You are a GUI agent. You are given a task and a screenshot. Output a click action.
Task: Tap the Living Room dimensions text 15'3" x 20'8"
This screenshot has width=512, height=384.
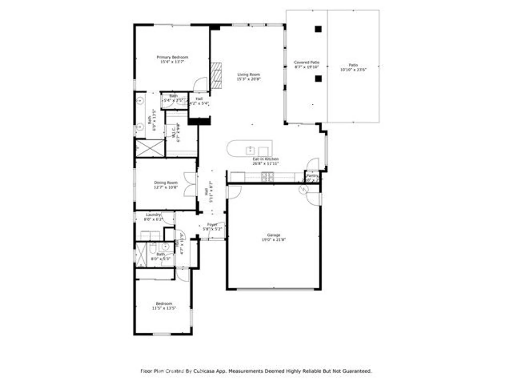click(248, 79)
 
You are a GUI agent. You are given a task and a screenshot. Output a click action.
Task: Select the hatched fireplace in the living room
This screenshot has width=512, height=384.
click(216, 76)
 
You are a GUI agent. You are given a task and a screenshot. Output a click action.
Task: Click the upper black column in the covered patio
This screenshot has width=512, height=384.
click(318, 29)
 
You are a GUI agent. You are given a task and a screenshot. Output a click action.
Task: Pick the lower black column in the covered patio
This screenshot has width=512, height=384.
click(318, 79)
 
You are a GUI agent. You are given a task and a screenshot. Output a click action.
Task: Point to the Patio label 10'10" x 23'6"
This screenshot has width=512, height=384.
click(353, 67)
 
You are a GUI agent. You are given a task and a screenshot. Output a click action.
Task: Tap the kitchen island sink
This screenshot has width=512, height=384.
click(250, 151)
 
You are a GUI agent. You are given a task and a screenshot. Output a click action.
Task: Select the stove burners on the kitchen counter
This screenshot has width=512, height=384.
click(267, 177)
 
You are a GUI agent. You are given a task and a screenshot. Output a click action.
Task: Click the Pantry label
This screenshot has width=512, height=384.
click(312, 176)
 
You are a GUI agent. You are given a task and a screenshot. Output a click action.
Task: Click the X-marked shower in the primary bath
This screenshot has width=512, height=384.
click(150, 148)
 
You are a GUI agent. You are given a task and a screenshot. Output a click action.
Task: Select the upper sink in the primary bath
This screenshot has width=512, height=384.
click(140, 101)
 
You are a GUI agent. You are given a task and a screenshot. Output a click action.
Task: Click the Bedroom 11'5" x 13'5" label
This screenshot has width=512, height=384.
click(164, 306)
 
